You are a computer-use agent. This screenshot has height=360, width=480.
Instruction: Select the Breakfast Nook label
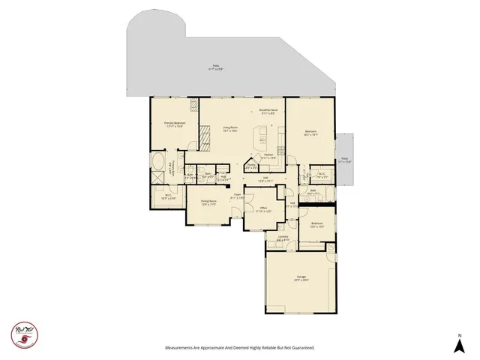(268, 112)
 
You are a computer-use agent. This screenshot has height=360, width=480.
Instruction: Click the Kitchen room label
(268, 157)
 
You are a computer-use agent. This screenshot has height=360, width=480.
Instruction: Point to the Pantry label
(250, 167)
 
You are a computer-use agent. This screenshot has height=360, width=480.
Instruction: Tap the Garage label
(301, 278)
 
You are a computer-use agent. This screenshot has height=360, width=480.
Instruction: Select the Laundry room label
(283, 238)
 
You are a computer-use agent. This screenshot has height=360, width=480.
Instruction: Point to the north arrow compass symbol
(459, 343)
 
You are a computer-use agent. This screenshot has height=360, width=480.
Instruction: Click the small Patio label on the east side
(345, 160)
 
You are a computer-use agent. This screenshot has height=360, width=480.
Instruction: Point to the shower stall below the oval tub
(159, 178)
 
